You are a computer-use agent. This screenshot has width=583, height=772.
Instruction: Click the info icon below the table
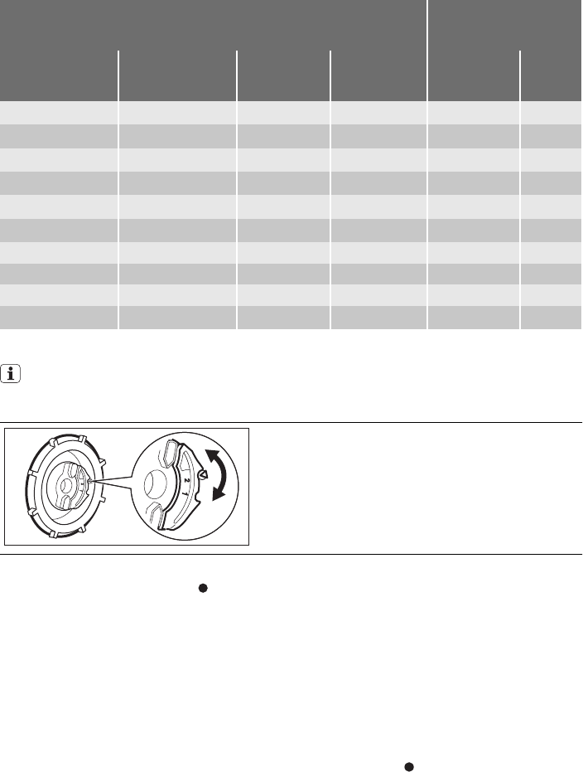[x=10, y=374]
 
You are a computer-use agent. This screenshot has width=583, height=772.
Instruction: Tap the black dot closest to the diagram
[x=203, y=588]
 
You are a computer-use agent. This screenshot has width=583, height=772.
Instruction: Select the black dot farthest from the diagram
[x=408, y=766]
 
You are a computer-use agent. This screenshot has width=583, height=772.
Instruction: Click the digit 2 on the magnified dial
[x=186, y=480]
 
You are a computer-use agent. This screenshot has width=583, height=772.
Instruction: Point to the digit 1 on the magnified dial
[x=185, y=492]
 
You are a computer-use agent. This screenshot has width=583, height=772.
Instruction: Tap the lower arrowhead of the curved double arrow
[x=219, y=493]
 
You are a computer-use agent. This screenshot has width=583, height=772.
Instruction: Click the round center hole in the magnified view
[x=156, y=484]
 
